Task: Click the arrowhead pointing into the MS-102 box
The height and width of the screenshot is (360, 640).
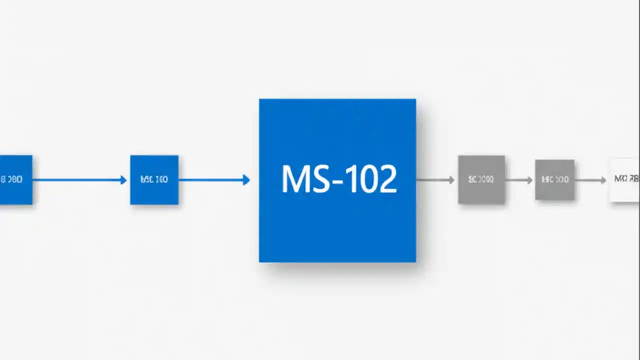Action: tap(246, 180)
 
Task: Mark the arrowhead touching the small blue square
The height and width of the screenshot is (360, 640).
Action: tap(123, 180)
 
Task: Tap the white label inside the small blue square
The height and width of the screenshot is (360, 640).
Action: tap(154, 179)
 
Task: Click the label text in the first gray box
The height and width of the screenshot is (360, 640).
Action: tap(481, 179)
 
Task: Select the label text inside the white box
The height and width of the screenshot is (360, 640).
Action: tap(626, 179)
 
